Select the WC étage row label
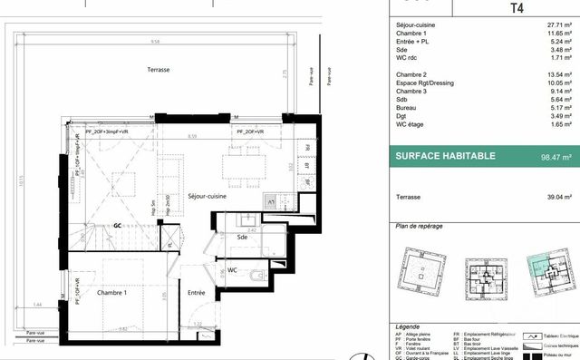(412, 151)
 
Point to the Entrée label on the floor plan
(197, 293)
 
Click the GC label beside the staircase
(117, 226)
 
